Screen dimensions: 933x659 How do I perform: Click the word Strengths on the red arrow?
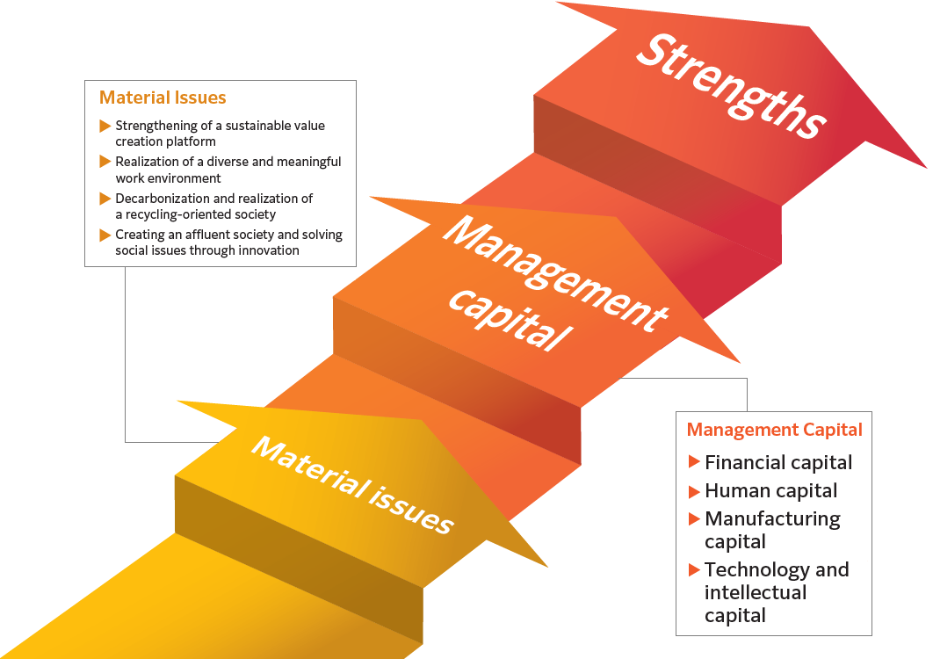tap(731, 86)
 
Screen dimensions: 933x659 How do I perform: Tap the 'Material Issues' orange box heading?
tap(163, 98)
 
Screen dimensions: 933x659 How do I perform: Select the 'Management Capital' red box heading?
tap(774, 430)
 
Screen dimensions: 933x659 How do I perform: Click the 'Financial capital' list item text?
tap(778, 462)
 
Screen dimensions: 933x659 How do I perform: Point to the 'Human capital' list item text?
tap(770, 490)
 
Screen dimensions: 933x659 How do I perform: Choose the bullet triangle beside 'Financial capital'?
tap(694, 461)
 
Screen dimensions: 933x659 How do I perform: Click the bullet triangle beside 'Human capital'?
tap(694, 491)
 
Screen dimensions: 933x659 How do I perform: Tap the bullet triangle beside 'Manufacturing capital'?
tap(694, 518)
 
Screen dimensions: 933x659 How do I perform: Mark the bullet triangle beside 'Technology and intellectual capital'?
tap(694, 569)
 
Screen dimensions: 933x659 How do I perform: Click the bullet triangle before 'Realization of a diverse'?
tap(105, 162)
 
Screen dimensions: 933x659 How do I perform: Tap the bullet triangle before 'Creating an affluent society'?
tap(105, 235)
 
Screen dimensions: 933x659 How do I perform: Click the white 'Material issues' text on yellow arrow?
tap(353, 485)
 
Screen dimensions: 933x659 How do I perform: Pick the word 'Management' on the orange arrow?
tap(556, 272)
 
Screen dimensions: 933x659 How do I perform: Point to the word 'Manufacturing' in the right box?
tap(772, 519)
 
